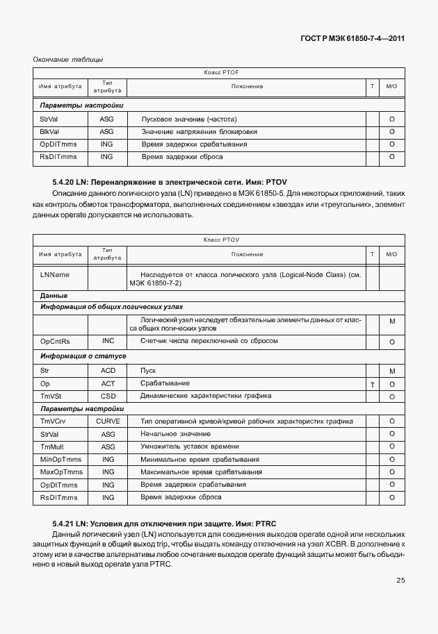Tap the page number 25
(400, 581)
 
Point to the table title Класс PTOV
(221, 240)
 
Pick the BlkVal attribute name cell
(50, 131)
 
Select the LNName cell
(55, 274)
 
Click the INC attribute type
(107, 341)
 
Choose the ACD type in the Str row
(107, 371)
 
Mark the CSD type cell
(107, 396)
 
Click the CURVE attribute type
(107, 421)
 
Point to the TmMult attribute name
(53, 447)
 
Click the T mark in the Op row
(373, 384)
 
